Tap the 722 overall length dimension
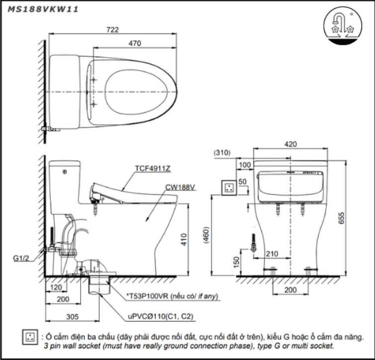click(112, 30)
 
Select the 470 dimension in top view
click(134, 44)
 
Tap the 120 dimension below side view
click(56, 288)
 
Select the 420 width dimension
click(290, 144)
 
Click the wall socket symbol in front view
click(229, 187)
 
